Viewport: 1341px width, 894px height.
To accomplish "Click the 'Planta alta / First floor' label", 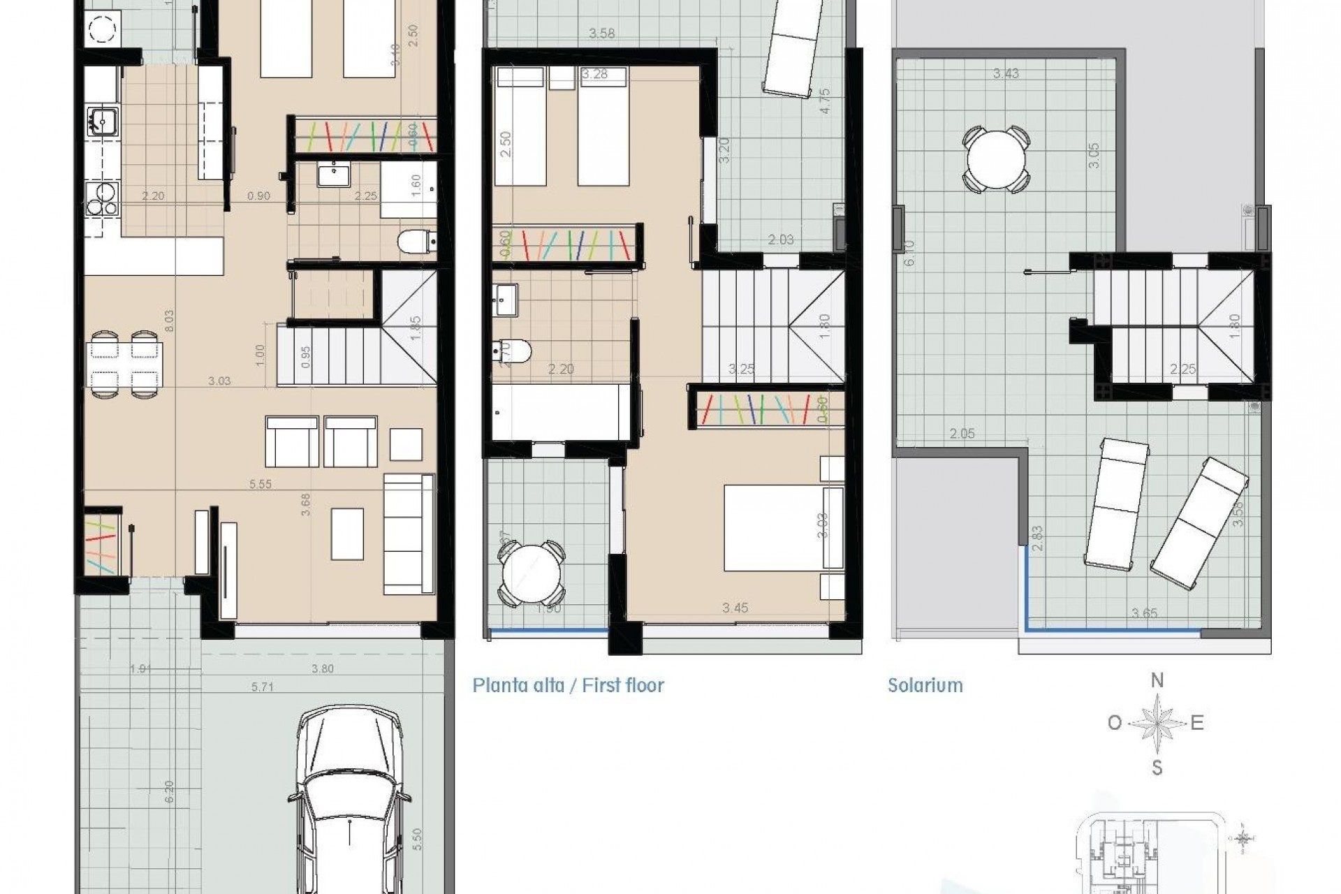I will click(x=568, y=685).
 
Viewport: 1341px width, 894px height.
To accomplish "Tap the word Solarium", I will click(x=925, y=685).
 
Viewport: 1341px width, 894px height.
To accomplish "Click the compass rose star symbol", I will click(x=1157, y=723).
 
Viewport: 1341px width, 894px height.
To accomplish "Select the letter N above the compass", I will click(x=1157, y=680).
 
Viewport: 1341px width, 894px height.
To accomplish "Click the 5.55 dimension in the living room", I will click(x=260, y=484).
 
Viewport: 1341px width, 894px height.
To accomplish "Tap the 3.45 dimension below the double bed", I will click(x=735, y=608).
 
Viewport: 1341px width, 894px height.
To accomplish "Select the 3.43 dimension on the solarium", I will click(x=1006, y=73).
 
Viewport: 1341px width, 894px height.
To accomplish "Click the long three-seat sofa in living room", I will click(x=409, y=534).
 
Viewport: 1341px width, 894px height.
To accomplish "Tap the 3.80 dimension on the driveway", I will click(x=322, y=668).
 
